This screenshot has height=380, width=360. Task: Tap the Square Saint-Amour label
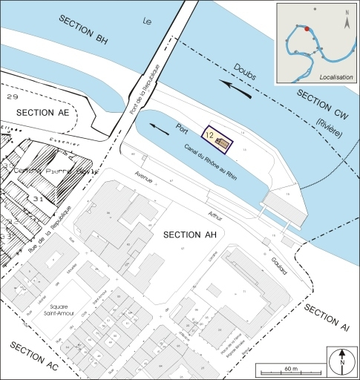(53, 311)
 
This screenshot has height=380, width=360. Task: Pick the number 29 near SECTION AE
(11, 97)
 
